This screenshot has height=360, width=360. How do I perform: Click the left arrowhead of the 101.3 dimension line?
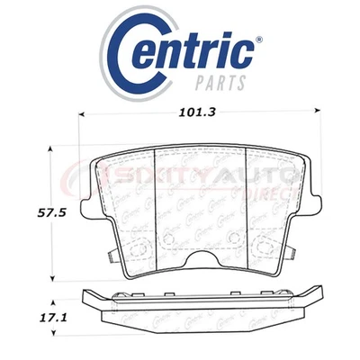coord(85,113)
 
